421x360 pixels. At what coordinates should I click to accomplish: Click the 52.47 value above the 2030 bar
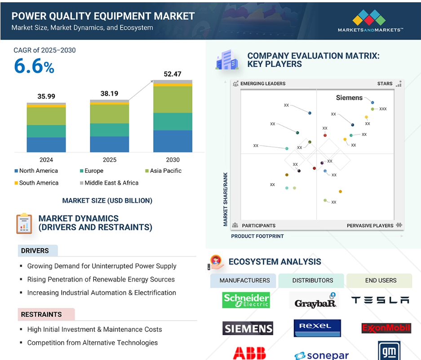[173, 74]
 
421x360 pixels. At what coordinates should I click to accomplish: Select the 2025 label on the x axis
[110, 160]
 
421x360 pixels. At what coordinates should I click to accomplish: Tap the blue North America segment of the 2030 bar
[173, 141]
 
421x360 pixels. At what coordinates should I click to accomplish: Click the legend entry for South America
[36, 183]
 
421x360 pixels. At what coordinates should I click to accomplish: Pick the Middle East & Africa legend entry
[109, 183]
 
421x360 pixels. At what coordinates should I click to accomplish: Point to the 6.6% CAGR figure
[34, 66]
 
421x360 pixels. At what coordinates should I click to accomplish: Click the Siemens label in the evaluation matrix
[349, 98]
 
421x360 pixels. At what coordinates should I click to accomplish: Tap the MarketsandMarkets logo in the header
[370, 21]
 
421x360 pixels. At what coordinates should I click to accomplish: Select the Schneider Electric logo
[246, 300]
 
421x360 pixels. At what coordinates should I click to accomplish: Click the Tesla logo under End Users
[380, 300]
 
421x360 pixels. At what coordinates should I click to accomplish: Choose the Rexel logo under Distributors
[317, 328]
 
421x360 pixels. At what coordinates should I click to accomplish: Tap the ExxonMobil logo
[386, 328]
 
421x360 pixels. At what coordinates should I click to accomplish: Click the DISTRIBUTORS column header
[313, 281]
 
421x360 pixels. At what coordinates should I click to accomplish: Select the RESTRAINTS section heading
[41, 314]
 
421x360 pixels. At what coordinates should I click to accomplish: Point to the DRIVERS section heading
[35, 251]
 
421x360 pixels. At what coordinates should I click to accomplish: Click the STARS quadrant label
[385, 83]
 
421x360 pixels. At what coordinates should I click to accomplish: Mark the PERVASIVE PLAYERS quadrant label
[370, 226]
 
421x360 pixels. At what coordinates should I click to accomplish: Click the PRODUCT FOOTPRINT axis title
[257, 236]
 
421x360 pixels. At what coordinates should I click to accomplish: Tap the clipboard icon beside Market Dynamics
[24, 224]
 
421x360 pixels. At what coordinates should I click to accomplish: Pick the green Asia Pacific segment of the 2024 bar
[46, 116]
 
